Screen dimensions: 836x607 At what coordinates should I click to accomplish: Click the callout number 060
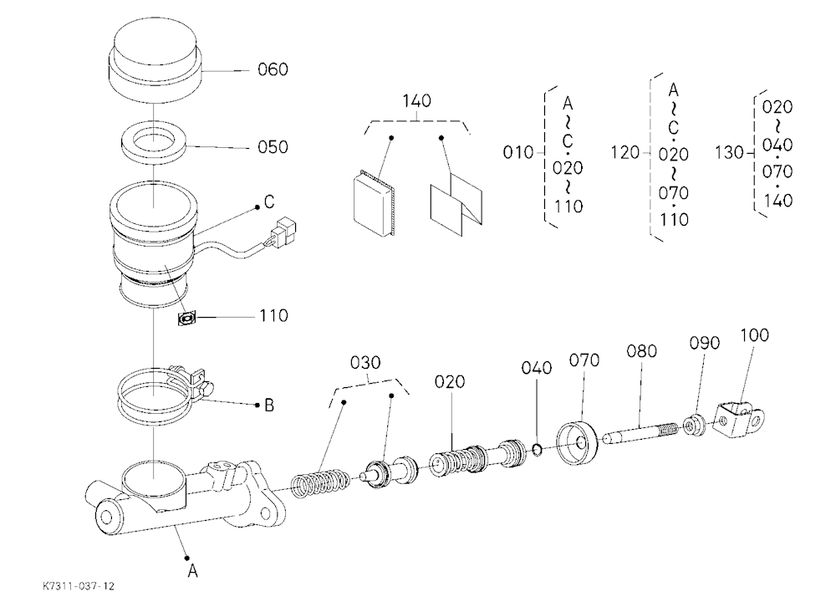click(x=273, y=69)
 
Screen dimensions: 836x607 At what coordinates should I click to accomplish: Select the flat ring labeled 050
click(x=154, y=144)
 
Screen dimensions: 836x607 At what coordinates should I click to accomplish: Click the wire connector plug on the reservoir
click(x=283, y=231)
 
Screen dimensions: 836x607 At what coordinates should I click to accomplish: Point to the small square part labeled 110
click(x=186, y=319)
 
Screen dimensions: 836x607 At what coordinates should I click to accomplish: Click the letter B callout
click(x=269, y=406)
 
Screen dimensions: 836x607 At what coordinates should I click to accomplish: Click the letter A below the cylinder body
click(x=193, y=571)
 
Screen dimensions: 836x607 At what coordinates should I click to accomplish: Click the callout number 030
click(x=365, y=363)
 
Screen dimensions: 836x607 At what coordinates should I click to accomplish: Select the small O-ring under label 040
click(x=538, y=450)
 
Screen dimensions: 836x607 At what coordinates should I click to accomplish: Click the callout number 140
click(x=417, y=101)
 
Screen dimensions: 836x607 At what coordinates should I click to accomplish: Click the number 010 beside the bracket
click(x=518, y=152)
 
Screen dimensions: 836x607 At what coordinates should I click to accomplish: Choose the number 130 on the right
click(x=729, y=152)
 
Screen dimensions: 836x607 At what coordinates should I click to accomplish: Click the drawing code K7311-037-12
click(x=79, y=586)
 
